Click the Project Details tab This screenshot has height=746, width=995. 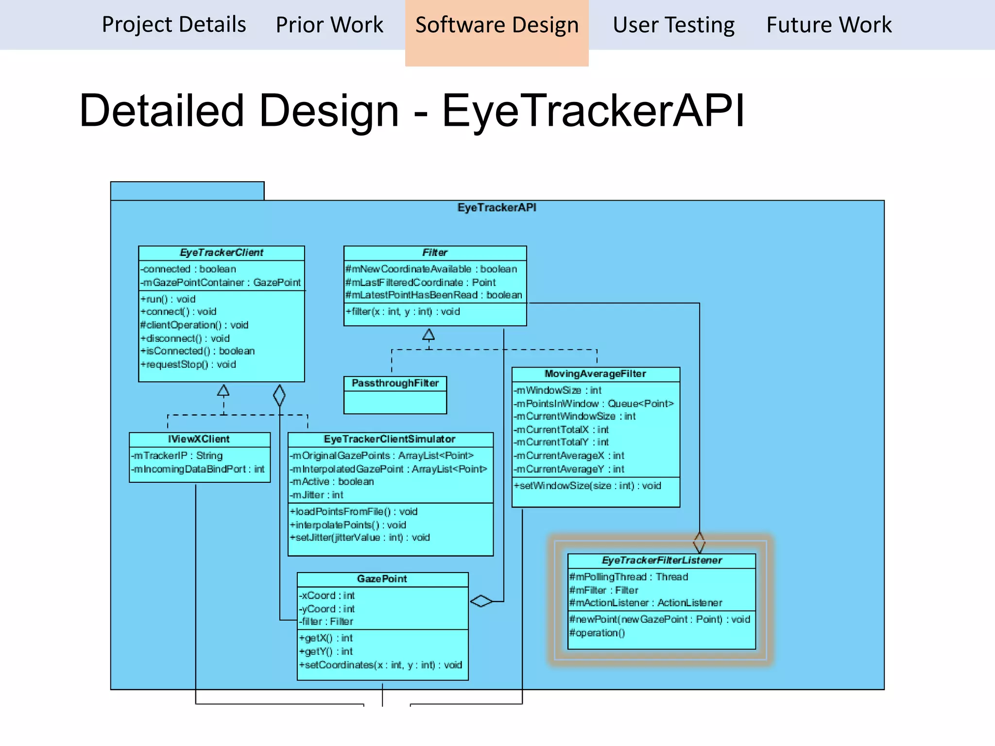pyautogui.click(x=174, y=24)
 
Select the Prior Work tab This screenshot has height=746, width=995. pyautogui.click(x=329, y=24)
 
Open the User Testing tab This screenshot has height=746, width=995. pyautogui.click(x=673, y=24)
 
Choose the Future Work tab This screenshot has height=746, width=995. pyautogui.click(x=829, y=24)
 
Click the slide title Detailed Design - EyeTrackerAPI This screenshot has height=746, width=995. pyautogui.click(x=412, y=111)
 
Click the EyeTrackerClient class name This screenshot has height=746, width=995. pyautogui.click(x=222, y=253)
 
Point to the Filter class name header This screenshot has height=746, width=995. pyautogui.click(x=435, y=253)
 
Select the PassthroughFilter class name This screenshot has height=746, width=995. pyautogui.click(x=395, y=383)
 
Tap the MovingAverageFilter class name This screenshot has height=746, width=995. pyautogui.click(x=595, y=373)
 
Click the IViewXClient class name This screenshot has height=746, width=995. pyautogui.click(x=199, y=439)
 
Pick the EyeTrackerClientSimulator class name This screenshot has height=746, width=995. pyautogui.click(x=390, y=439)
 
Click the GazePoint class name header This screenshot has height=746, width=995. pyautogui.click(x=382, y=579)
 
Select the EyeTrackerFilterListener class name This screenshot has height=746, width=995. pyautogui.click(x=662, y=560)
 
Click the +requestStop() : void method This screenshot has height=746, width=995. pyautogui.click(x=188, y=364)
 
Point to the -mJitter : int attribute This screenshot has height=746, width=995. pyautogui.click(x=317, y=495)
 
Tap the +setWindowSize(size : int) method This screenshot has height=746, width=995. pyautogui.click(x=587, y=486)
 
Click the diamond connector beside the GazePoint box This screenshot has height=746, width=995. pyautogui.click(x=481, y=601)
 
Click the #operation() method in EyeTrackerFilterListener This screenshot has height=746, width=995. pyautogui.click(x=597, y=633)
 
